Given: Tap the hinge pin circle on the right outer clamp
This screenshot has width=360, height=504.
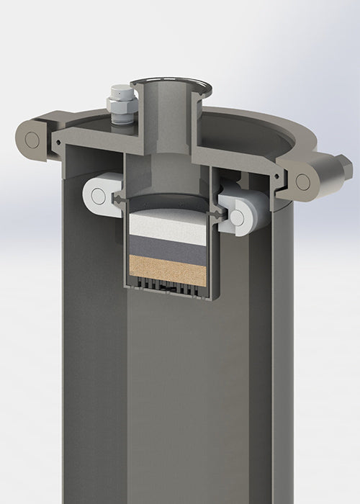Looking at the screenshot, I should [x=302, y=181].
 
